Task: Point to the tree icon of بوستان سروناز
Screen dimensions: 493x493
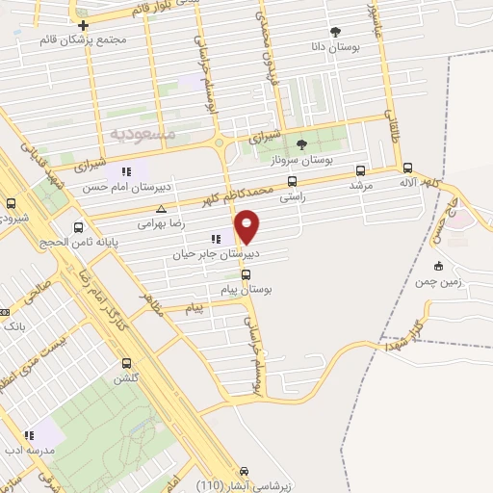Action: [301, 145]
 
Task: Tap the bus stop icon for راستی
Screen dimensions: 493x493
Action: [292, 180]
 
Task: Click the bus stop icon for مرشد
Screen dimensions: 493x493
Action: [360, 169]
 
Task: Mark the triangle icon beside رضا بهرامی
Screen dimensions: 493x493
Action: [161, 209]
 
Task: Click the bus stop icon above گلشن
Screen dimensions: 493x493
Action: [127, 363]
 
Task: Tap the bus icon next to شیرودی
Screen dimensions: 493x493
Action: [12, 203]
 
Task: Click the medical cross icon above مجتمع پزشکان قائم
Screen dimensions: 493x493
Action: [84, 26]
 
